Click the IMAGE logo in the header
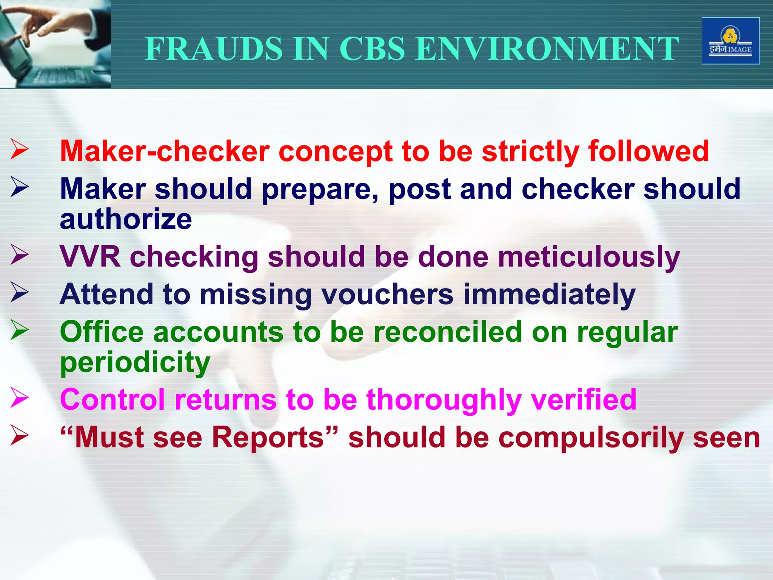tap(730, 41)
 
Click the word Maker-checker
tap(165, 151)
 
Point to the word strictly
tap(530, 151)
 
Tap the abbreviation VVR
tap(90, 257)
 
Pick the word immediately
tap(549, 295)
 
